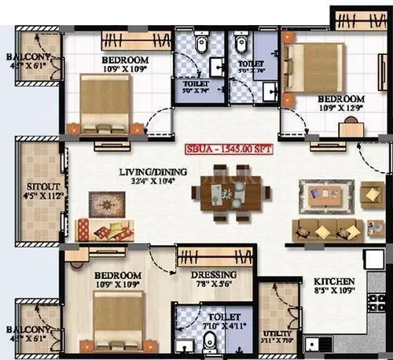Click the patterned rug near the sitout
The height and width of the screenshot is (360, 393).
point(106,204)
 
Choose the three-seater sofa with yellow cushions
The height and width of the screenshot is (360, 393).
point(327,230)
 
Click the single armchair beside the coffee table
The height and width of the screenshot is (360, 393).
point(372,194)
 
